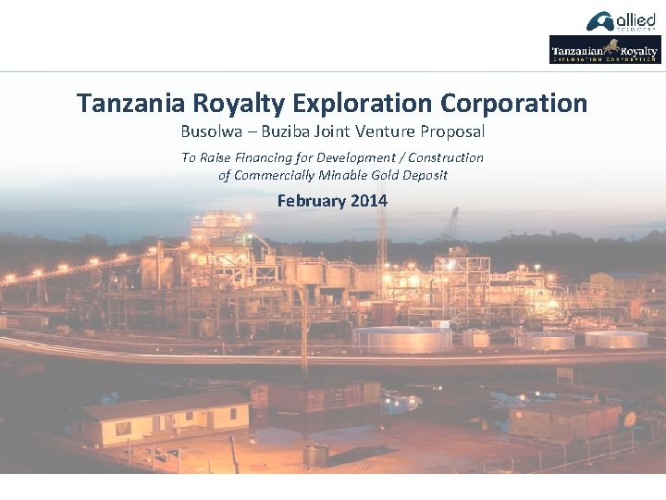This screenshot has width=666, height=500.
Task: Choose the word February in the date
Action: tap(312, 200)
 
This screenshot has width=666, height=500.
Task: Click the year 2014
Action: tap(369, 200)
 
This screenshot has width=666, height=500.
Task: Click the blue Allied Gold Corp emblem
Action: tap(599, 20)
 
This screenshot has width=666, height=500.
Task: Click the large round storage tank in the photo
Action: tap(401, 338)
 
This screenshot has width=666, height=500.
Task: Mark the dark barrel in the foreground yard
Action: tap(315, 455)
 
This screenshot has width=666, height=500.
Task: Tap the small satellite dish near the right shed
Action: tap(629, 419)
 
